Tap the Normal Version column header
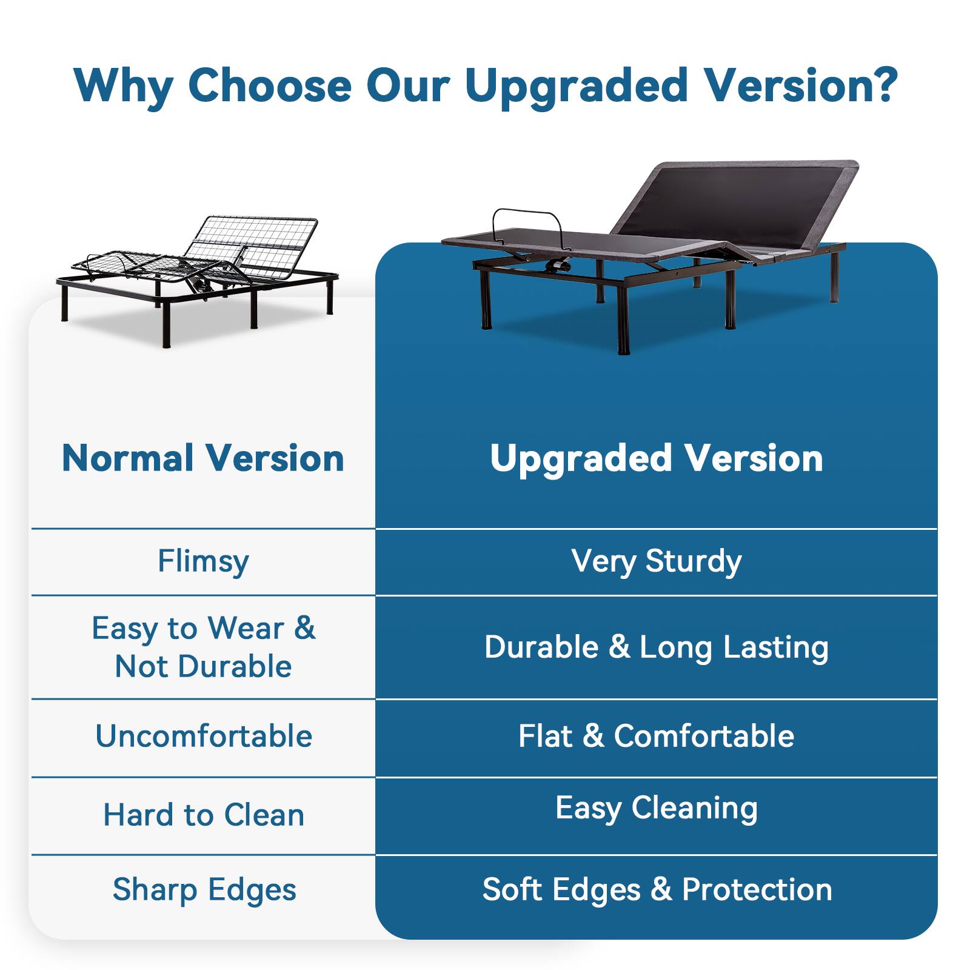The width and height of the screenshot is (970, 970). point(203,458)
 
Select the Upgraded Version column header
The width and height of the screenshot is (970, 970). point(657,458)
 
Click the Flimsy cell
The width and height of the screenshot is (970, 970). point(203,561)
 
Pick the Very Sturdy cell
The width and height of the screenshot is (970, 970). point(657,561)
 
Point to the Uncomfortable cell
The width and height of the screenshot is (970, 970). point(204,736)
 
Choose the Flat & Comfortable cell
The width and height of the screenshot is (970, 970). point(657,736)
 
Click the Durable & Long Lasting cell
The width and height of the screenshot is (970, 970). point(657,647)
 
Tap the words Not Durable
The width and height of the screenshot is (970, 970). point(203,666)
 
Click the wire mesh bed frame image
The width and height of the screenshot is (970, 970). point(197,279)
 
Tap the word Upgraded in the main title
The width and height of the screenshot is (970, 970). point(577,85)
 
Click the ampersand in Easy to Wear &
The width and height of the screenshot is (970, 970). point(304,627)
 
